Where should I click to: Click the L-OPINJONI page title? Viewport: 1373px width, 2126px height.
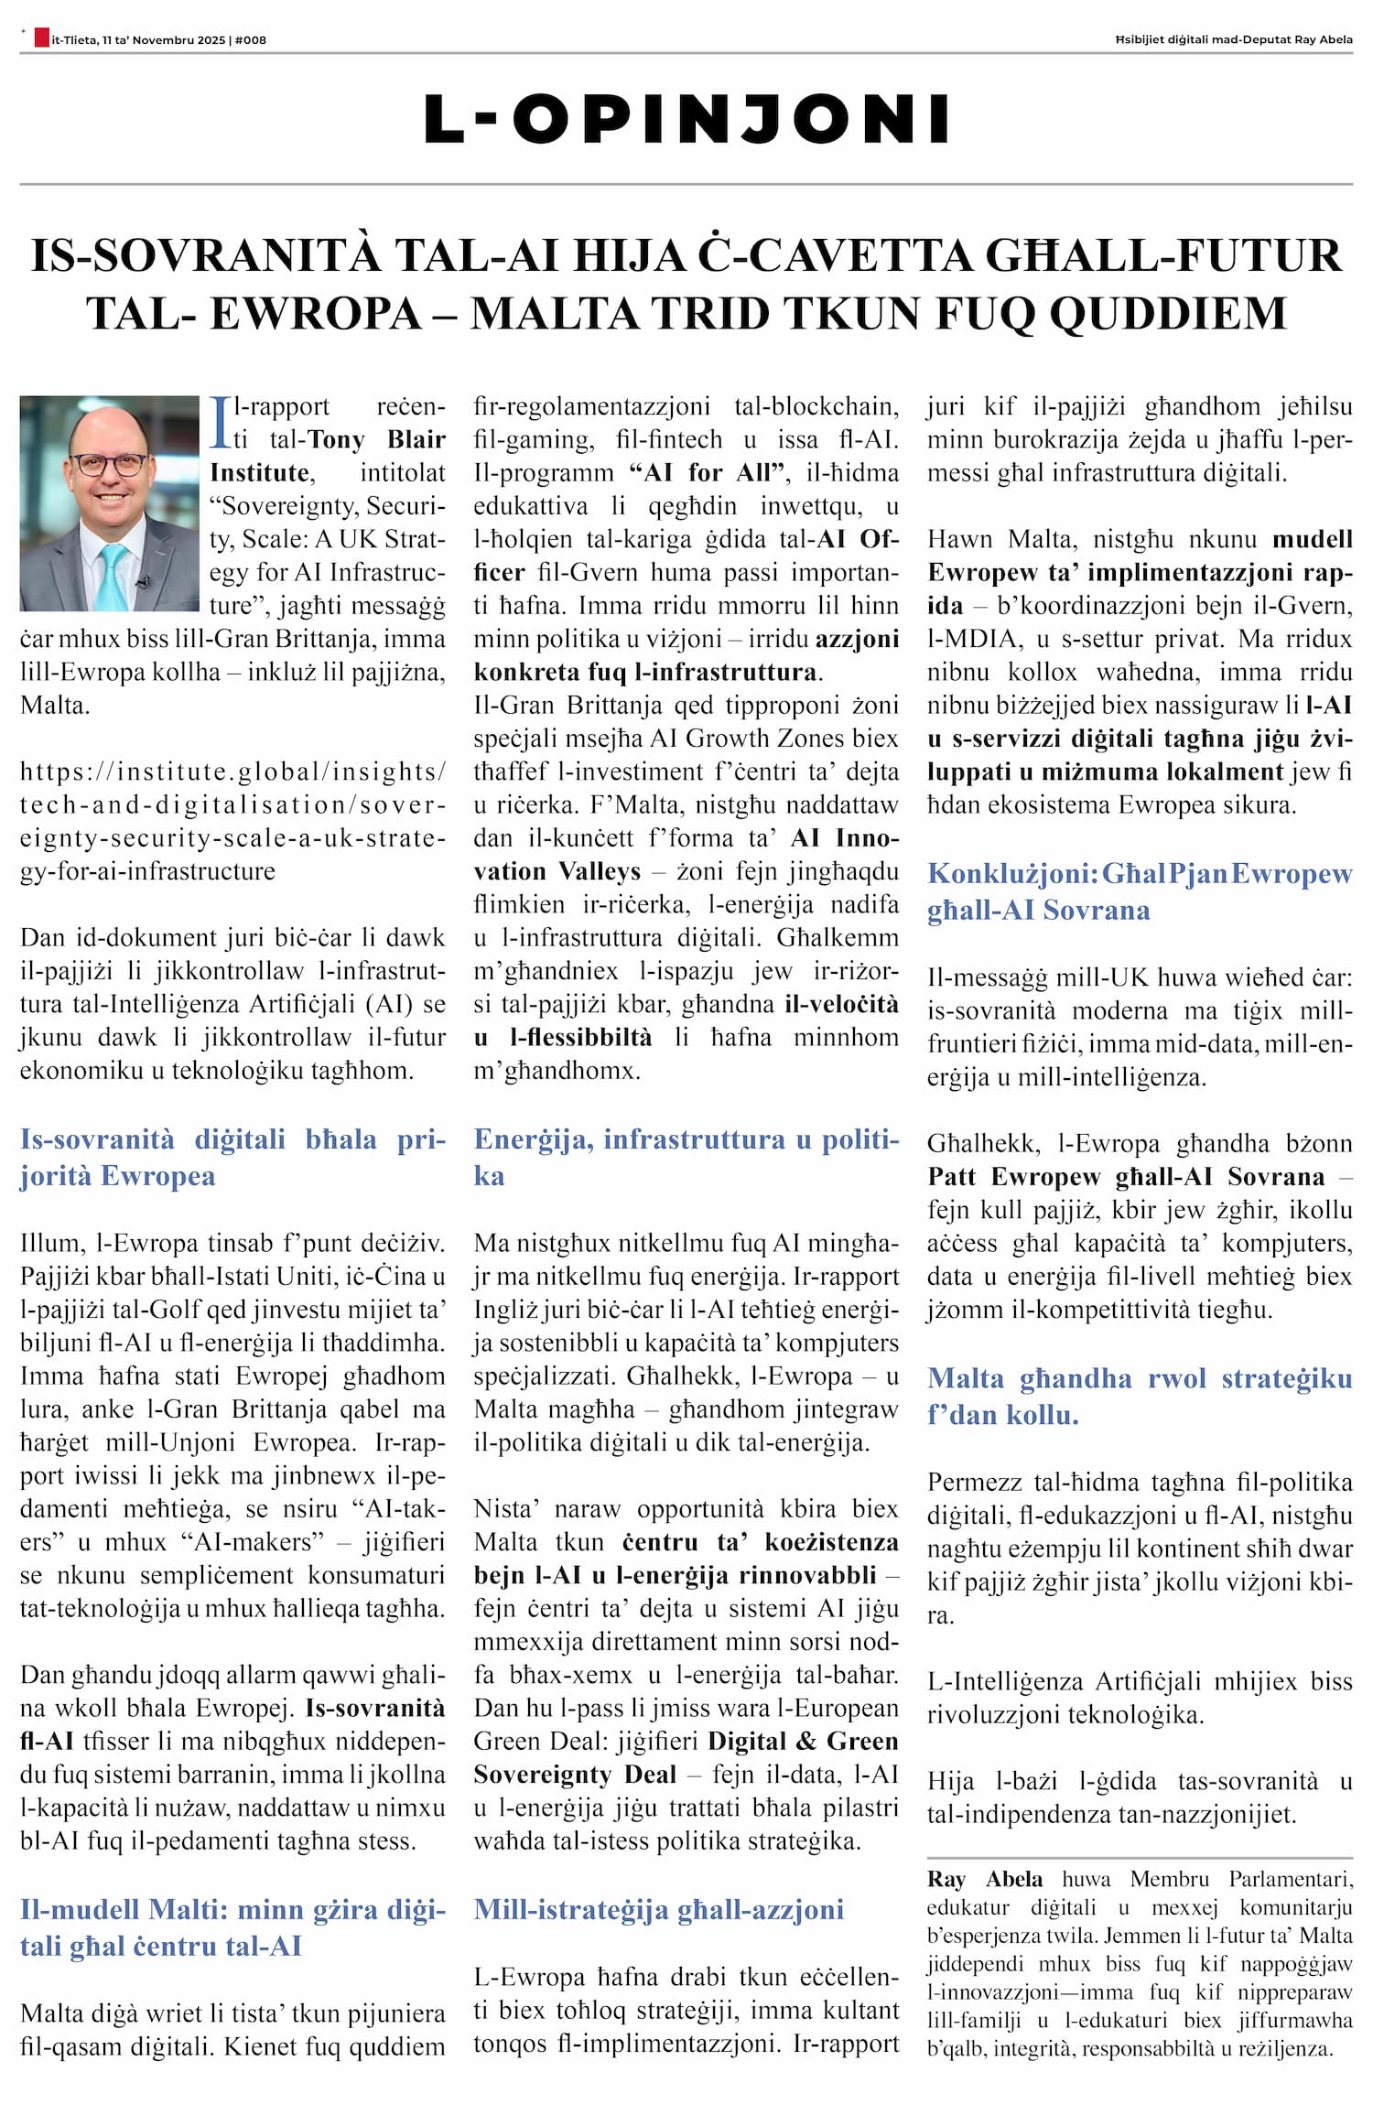[x=686, y=119]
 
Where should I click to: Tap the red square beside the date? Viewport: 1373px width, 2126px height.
[x=41, y=38]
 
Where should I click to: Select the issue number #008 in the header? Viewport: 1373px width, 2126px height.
[x=251, y=40]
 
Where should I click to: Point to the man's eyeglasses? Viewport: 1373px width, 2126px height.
[x=110, y=464]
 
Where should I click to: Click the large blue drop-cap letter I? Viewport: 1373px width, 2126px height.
[x=219, y=422]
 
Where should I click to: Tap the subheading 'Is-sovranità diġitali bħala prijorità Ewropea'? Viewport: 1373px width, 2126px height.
[x=232, y=1157]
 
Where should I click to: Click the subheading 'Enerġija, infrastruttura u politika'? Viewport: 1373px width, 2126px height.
[x=686, y=1157]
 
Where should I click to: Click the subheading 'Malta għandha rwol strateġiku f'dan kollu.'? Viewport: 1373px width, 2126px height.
[x=1139, y=1396]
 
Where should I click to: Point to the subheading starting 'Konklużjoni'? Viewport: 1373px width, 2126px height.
[x=1139, y=891]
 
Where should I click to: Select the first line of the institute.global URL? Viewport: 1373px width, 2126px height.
[x=232, y=772]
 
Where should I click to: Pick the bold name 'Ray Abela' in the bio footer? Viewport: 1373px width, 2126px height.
[x=984, y=1879]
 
